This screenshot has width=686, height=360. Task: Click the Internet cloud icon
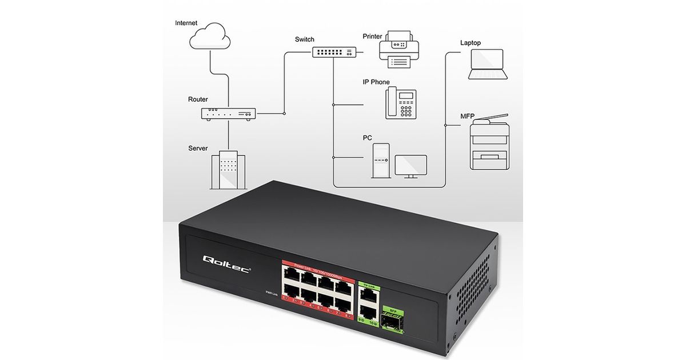pyautogui.click(x=210, y=37)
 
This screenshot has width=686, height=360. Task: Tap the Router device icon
pyautogui.click(x=228, y=114)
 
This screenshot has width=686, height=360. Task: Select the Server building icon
pyautogui.click(x=228, y=169)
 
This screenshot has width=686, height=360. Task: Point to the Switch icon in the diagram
pyautogui.click(x=334, y=51)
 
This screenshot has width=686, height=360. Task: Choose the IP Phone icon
pyautogui.click(x=400, y=103)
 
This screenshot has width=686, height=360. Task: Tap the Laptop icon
pyautogui.click(x=487, y=64)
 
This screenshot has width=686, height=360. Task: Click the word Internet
pyautogui.click(x=186, y=23)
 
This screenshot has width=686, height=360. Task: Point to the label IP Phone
pyautogui.click(x=376, y=82)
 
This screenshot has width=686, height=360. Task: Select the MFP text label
pyautogui.click(x=468, y=116)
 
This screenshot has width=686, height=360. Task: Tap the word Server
pyautogui.click(x=198, y=149)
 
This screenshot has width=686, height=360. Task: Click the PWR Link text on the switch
pyautogui.click(x=272, y=293)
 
